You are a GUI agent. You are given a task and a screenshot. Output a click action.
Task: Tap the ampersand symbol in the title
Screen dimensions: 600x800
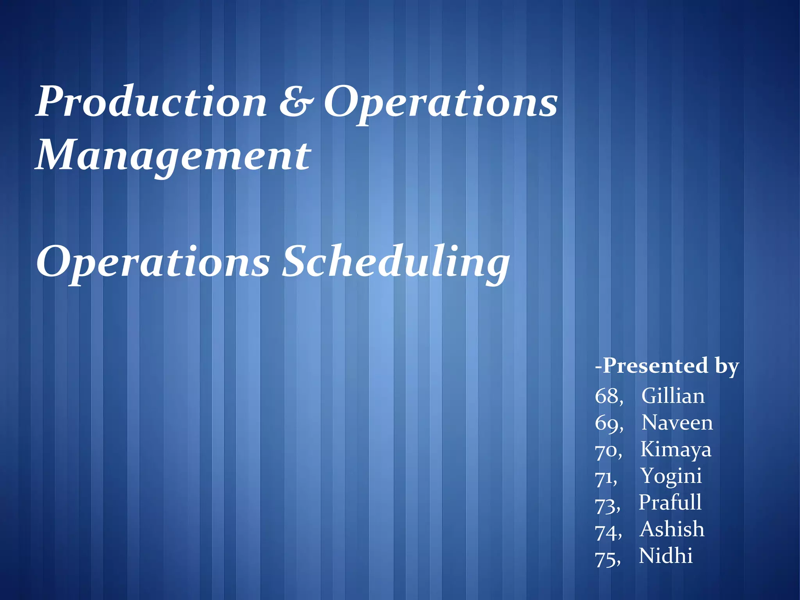click(x=296, y=102)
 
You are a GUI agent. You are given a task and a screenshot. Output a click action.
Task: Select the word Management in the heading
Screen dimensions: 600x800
click(x=173, y=156)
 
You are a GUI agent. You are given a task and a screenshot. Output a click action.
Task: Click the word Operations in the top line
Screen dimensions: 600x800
click(x=441, y=102)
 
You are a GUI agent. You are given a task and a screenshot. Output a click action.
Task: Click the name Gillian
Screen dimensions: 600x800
click(x=673, y=396)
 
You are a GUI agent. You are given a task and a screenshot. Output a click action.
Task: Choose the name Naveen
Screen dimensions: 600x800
click(x=677, y=423)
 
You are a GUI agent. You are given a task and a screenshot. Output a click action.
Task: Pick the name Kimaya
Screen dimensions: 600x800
click(x=676, y=450)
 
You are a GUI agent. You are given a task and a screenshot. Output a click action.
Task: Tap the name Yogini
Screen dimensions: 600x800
click(x=671, y=477)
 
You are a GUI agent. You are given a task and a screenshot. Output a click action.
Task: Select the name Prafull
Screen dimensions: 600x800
click(x=670, y=503)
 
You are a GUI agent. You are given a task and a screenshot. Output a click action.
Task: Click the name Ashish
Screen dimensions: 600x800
click(x=672, y=529)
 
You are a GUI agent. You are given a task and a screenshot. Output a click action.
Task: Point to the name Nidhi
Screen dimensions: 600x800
click(x=666, y=556)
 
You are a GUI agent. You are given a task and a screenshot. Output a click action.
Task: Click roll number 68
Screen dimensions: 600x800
click(x=607, y=396)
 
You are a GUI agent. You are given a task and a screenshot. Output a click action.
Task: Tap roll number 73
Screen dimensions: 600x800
click(x=605, y=505)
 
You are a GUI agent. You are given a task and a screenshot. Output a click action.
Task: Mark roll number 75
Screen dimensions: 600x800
click(x=605, y=559)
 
